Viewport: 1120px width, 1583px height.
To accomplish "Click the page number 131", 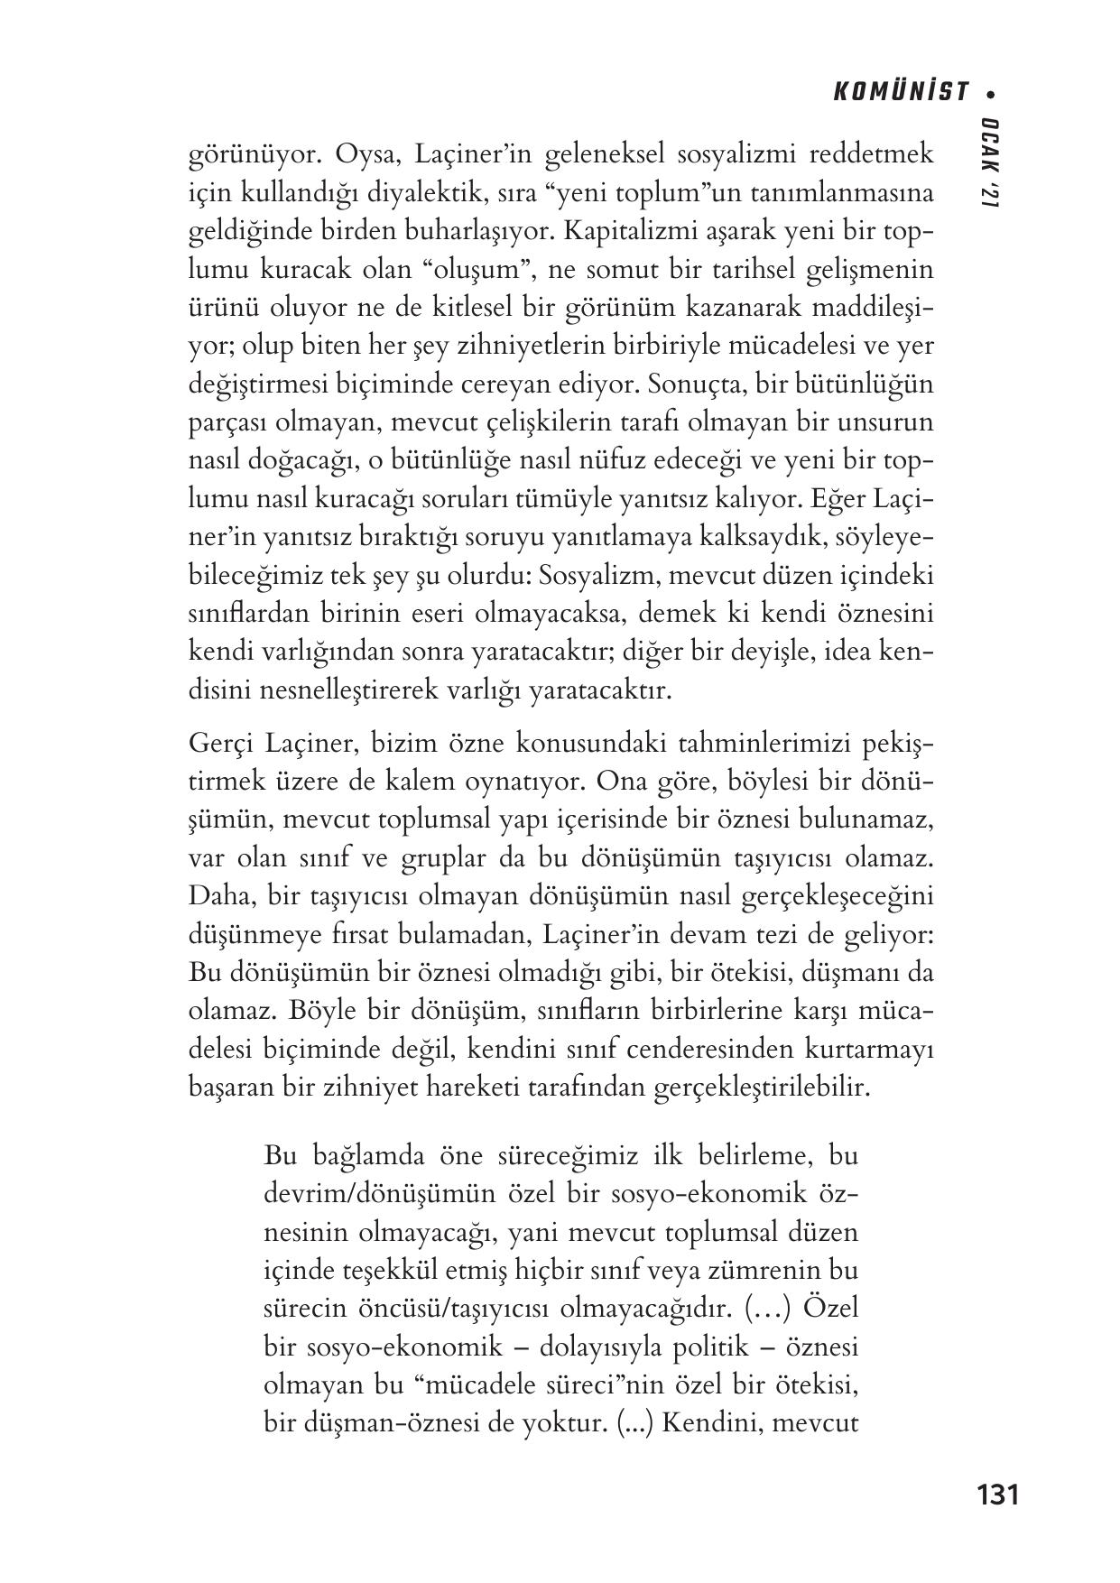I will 997,1495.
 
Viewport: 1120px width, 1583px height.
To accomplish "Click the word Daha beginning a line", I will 218,897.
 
